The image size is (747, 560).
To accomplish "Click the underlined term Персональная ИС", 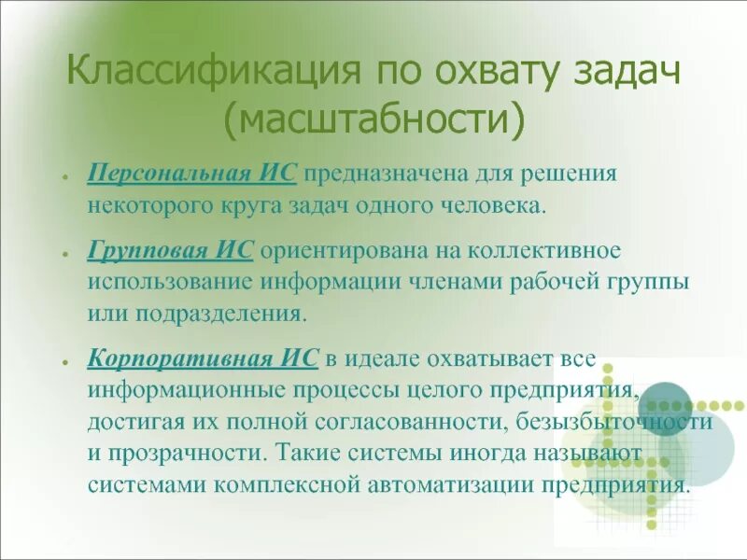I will (x=193, y=174).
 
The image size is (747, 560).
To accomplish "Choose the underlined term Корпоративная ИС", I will (x=204, y=358).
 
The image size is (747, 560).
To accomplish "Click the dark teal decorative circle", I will (x=666, y=402).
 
